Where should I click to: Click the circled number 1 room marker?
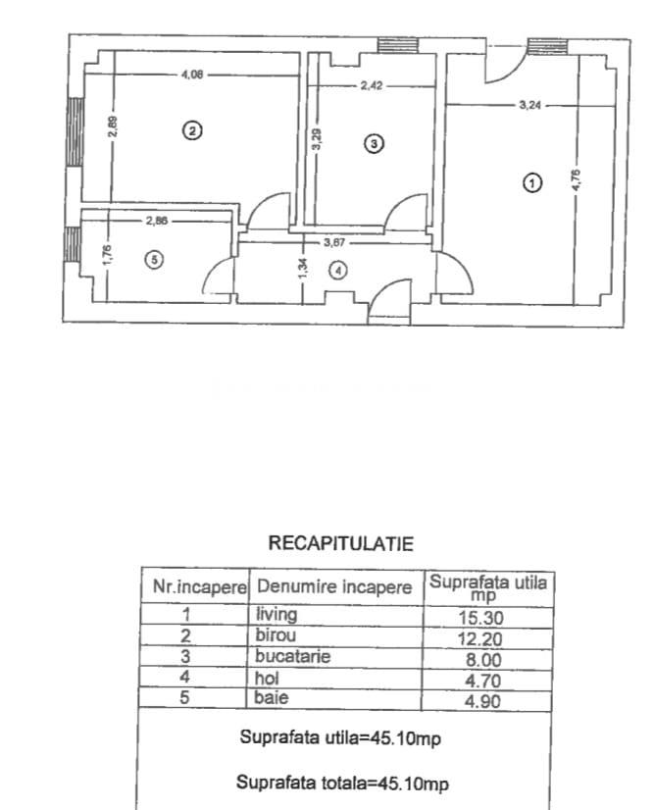[532, 182]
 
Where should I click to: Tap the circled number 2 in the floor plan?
[192, 130]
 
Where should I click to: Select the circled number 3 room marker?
[374, 143]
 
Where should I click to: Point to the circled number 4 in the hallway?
[338, 271]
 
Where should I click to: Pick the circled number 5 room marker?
[155, 259]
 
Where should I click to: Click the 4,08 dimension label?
[191, 75]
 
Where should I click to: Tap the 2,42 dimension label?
[372, 85]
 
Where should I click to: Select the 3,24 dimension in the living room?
[530, 105]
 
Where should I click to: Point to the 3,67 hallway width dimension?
[334, 242]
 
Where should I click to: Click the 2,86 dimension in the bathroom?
[157, 221]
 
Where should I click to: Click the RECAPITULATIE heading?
[341, 543]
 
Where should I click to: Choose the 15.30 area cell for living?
[481, 618]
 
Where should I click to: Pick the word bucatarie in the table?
[292, 656]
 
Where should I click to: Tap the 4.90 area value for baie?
[483, 701]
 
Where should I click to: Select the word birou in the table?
[276, 634]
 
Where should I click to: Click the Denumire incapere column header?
[334, 586]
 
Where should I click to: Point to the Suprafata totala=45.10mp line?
[342, 784]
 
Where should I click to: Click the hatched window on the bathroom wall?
[74, 244]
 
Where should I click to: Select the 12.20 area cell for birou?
[479, 638]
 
